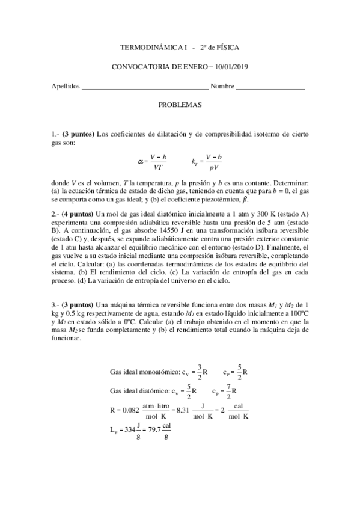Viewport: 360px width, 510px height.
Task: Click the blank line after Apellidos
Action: [x=145, y=88]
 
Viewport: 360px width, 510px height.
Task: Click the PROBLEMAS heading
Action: [x=180, y=105]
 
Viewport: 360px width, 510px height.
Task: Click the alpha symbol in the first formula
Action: [x=141, y=161]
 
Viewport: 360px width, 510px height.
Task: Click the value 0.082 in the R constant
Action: [x=129, y=411]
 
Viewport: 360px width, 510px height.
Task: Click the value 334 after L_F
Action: [x=124, y=431]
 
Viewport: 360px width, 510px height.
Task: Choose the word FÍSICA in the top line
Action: [x=233, y=46]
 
